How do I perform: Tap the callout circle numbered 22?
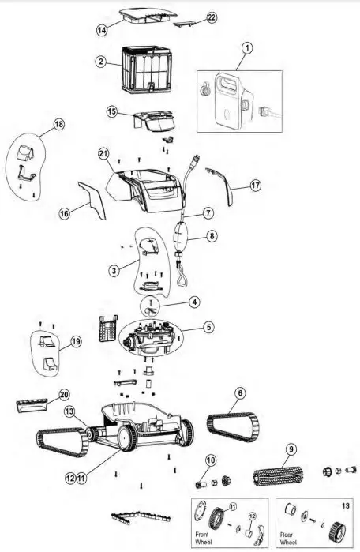tap(189, 17)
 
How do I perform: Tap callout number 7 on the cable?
tap(208, 213)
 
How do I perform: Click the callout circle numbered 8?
tap(211, 235)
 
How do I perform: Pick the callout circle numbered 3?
tap(114, 271)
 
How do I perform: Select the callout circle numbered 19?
tap(76, 341)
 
